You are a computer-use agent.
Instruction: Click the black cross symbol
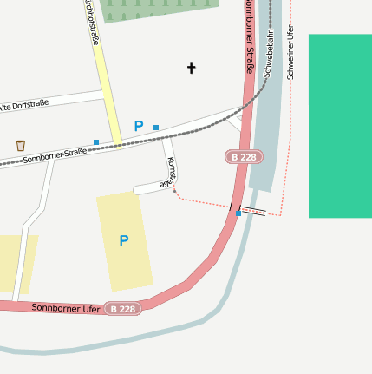point(192,68)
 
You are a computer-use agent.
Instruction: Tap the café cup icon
point(21,145)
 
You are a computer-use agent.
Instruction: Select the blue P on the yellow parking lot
point(124,240)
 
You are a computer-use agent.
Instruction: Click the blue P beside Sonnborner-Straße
point(138,126)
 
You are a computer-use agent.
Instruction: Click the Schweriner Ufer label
point(290,52)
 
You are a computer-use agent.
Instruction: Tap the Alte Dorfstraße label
point(23,105)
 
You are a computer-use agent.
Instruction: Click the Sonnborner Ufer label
point(66,308)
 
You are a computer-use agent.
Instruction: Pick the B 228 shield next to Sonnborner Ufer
point(123,309)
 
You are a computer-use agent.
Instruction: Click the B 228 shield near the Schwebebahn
point(243,157)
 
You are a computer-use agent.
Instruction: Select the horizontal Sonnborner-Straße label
point(54,156)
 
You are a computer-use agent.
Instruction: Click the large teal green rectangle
point(340,126)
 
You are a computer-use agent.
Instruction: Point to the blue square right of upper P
point(156,128)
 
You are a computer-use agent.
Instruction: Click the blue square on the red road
point(238,213)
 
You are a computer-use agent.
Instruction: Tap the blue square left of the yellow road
point(96,141)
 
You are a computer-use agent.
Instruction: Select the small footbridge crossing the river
point(252,211)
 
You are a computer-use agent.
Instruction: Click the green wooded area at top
point(156,9)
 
